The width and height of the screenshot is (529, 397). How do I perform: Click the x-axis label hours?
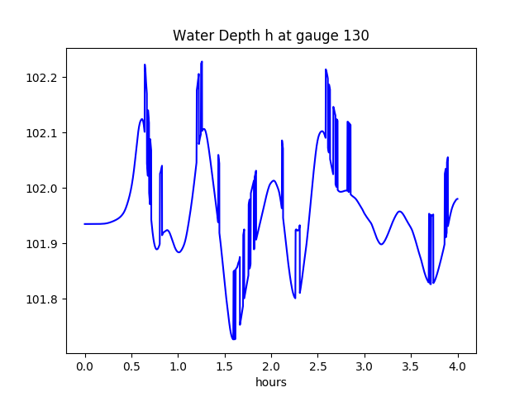[271, 383]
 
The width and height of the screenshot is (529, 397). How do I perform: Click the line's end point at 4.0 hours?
[458, 198]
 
